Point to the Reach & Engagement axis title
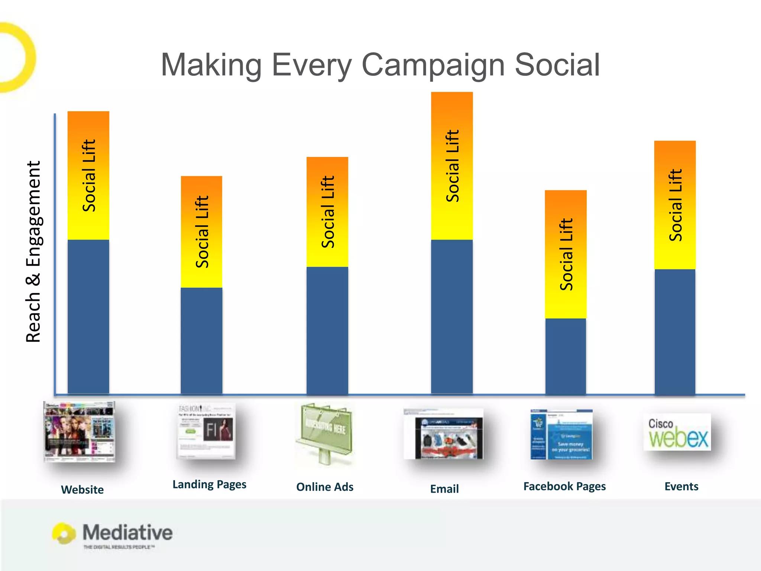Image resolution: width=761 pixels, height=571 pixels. click(33, 251)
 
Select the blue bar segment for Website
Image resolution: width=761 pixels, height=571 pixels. click(88, 316)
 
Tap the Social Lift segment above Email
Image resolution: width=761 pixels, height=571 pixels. click(452, 166)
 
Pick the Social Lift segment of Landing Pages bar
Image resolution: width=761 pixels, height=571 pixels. click(201, 232)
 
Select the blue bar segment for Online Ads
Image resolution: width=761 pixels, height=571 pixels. click(327, 330)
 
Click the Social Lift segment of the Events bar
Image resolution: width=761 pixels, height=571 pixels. click(675, 205)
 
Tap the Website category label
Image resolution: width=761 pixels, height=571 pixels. click(82, 489)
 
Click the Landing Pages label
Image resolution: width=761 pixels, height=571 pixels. click(209, 484)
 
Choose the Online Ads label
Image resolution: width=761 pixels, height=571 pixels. click(324, 487)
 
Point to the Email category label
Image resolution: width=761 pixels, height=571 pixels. click(444, 488)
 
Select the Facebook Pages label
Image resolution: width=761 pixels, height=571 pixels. click(564, 486)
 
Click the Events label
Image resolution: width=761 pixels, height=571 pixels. click(681, 486)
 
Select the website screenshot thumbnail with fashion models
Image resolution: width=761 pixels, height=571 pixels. click(79, 431)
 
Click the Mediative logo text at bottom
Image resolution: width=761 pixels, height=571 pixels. click(127, 532)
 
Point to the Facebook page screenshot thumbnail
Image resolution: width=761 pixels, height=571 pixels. click(561, 434)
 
